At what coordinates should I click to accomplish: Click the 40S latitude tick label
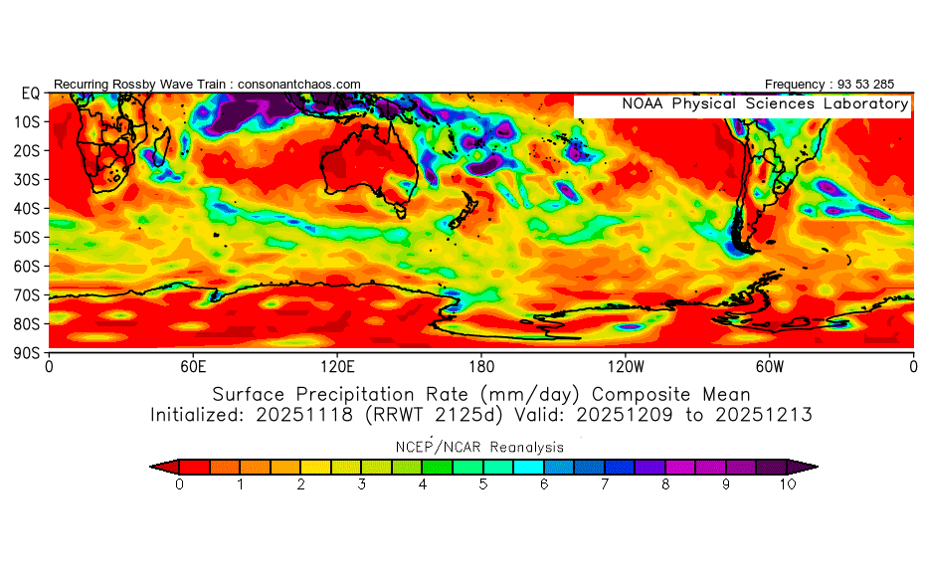click(30, 209)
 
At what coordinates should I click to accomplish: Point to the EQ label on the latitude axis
click(30, 94)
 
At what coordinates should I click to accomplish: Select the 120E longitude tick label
click(337, 365)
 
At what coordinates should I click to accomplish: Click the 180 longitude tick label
click(481, 365)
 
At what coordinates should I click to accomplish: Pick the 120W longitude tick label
click(625, 365)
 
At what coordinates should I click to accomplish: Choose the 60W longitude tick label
click(769, 365)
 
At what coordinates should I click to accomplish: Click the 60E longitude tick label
click(193, 365)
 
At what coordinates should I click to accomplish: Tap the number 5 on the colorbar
click(483, 484)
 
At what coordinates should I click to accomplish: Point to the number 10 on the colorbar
click(788, 484)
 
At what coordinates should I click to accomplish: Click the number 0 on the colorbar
click(179, 484)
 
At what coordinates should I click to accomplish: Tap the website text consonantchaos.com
click(299, 85)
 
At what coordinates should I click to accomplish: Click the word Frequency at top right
click(798, 85)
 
